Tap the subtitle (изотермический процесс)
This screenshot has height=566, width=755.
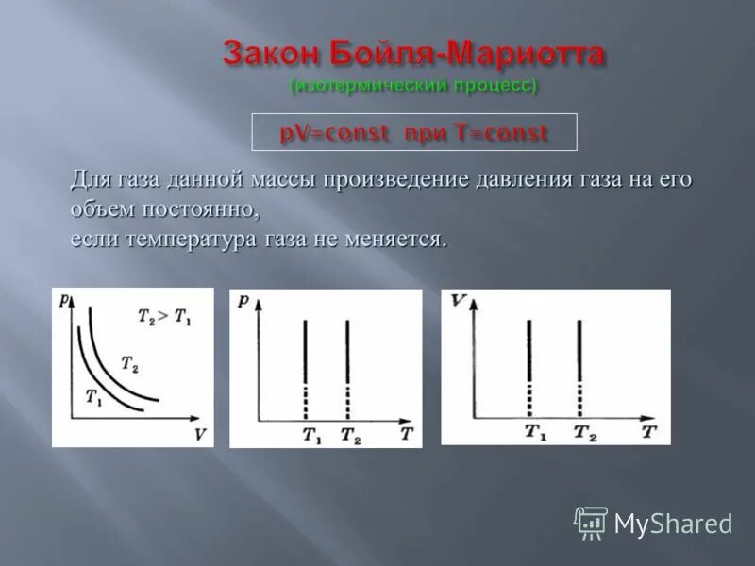click(x=413, y=86)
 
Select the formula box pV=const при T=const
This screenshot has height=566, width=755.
click(x=413, y=133)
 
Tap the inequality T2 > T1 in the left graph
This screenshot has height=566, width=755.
click(x=162, y=318)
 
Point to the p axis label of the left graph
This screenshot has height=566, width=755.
click(x=62, y=300)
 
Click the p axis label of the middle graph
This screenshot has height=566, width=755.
click(x=243, y=301)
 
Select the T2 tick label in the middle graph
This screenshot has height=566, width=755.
click(x=349, y=436)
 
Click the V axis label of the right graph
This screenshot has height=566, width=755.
click(x=458, y=302)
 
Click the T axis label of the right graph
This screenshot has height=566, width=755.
click(x=649, y=432)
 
